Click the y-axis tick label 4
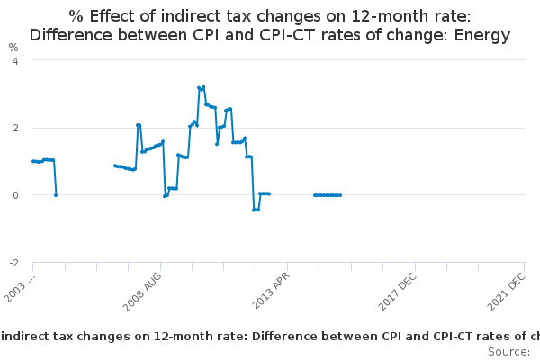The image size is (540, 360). (14, 60)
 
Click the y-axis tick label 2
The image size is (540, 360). (14, 128)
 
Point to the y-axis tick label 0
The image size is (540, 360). (14, 195)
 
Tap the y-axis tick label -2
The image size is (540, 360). (13, 263)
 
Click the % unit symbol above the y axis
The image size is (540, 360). (13, 47)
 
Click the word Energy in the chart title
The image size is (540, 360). (481, 36)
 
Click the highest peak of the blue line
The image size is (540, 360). (203, 86)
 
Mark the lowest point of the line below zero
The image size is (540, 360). (256, 210)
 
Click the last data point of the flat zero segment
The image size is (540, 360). (340, 195)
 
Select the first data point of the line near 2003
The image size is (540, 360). (32, 161)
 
